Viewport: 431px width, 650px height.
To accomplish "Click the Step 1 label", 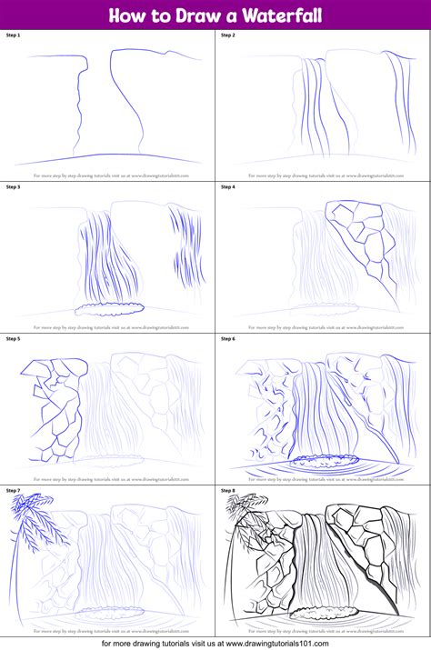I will click(13, 35).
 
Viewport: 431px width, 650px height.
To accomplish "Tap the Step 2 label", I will click(227, 35).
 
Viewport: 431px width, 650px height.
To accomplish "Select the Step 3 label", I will click(13, 187).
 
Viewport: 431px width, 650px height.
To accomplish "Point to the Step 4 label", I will click(227, 187).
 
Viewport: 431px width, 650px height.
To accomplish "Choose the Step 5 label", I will click(13, 339).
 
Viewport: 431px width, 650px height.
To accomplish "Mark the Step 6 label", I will click(227, 339).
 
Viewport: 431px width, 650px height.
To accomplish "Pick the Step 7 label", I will click(13, 491).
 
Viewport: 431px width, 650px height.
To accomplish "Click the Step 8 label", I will click(227, 491).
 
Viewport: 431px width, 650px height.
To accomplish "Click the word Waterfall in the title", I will click(278, 15).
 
